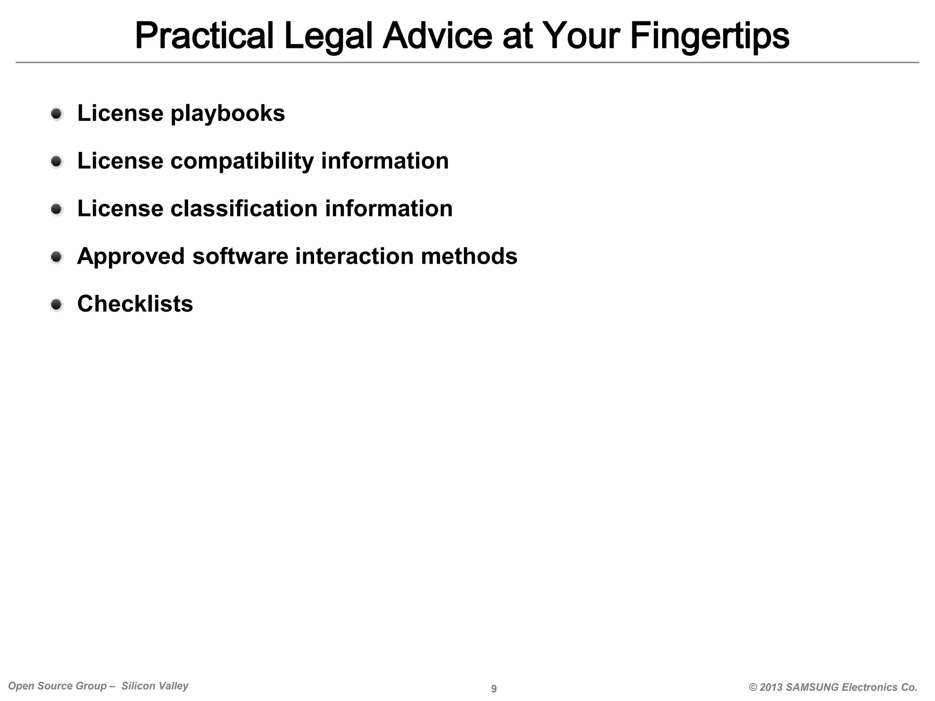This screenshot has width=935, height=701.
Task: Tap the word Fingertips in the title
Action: click(x=709, y=37)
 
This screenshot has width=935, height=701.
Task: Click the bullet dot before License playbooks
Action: click(x=57, y=114)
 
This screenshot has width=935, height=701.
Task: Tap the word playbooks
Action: click(x=227, y=114)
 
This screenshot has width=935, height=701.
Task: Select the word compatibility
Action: click(x=242, y=161)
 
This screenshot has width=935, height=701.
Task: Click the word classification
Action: click(x=244, y=209)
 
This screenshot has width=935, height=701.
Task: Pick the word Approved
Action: click(x=131, y=256)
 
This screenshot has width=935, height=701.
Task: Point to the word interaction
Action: click(x=354, y=256)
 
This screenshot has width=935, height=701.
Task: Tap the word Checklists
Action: click(x=135, y=303)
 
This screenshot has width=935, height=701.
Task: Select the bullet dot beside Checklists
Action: click(x=57, y=304)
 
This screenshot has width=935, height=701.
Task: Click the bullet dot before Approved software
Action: click(x=57, y=256)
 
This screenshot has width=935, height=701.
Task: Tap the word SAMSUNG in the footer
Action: click(x=813, y=687)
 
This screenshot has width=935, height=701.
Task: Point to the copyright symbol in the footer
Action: click(x=753, y=687)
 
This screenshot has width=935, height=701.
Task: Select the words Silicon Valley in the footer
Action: click(x=155, y=686)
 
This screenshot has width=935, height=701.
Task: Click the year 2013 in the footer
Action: click(x=772, y=687)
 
